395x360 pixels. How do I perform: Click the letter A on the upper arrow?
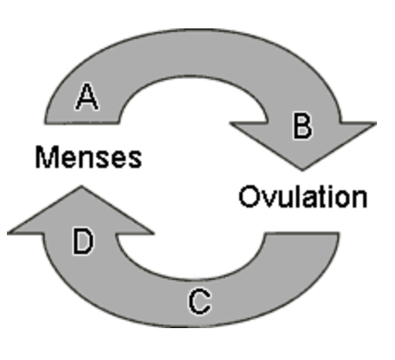coord(87,96)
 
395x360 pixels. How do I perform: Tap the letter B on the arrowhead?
coord(302,126)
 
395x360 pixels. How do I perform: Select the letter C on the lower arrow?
coord(200,301)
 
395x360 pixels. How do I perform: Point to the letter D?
coord(83,241)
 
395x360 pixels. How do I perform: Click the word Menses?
coord(89,157)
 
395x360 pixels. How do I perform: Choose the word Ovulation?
coord(303,196)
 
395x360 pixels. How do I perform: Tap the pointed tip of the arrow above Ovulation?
coord(302,170)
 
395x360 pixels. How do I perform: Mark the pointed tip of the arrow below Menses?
coord(81,187)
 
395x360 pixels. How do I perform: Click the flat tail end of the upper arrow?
coord(82,122)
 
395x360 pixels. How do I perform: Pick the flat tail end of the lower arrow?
coord(302,233)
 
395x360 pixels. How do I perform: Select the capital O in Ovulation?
coord(249,196)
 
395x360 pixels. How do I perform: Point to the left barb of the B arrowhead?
coord(231,123)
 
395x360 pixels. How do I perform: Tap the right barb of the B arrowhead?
coord(375,123)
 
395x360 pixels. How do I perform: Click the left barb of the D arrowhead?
coord(9,233)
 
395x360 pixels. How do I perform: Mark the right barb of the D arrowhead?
coord(153,233)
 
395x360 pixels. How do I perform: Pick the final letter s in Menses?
coord(134,160)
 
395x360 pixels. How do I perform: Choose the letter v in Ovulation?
coord(268,199)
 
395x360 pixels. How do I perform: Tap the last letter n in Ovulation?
coord(360,199)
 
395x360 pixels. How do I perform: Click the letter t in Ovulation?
coord(324,197)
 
